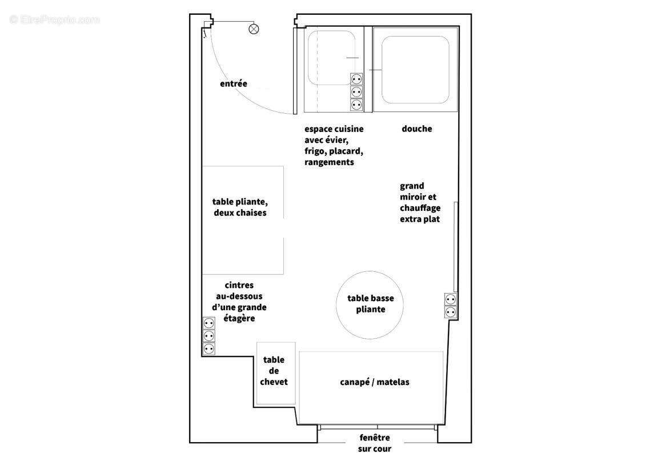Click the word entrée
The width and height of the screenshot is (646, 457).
tap(234, 84)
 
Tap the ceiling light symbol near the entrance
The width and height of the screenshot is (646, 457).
tap(254, 29)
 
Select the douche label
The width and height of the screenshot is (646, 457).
tap(417, 129)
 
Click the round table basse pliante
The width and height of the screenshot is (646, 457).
tap(370, 304)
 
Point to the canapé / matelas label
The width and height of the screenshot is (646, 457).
tap(374, 382)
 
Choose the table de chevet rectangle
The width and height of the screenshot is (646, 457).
tap(275, 372)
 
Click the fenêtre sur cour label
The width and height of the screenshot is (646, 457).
tap(375, 443)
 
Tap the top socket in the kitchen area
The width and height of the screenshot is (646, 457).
tap(356, 78)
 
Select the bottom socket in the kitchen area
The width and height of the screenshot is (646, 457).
tap(356, 105)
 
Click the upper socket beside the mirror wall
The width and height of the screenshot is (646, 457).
tap(450, 299)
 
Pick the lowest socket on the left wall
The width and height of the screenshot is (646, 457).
tap(209, 348)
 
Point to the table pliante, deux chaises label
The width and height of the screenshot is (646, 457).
tap(240, 207)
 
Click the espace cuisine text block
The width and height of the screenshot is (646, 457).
tap(334, 145)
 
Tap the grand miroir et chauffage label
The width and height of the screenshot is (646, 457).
tap(420, 202)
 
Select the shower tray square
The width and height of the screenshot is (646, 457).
tap(415, 70)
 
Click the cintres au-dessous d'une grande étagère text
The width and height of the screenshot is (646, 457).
tap(240, 302)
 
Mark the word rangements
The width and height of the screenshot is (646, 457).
tap(329, 162)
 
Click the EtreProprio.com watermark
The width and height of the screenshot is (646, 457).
tap(55, 20)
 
